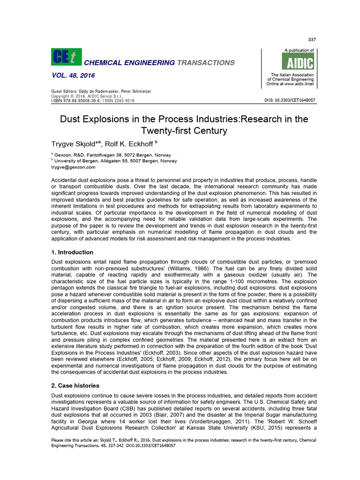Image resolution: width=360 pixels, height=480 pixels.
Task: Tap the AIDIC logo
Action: click(x=298, y=62)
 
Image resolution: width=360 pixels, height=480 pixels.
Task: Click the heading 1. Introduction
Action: click(x=72, y=252)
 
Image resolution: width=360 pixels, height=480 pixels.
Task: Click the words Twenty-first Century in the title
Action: click(x=184, y=131)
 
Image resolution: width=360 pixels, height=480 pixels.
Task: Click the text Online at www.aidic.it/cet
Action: click(x=291, y=84)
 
